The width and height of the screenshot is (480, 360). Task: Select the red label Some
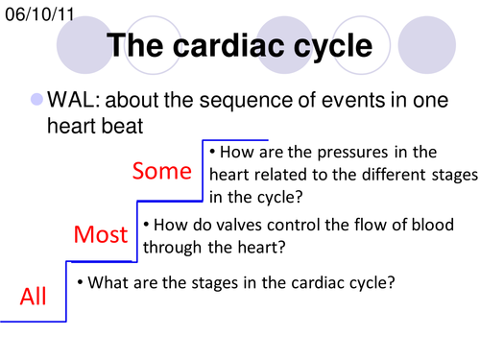[161, 171]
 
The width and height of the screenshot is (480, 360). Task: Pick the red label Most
[101, 234]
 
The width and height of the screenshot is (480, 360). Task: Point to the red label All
[34, 297]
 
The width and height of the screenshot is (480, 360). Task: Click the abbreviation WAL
[80, 100]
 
